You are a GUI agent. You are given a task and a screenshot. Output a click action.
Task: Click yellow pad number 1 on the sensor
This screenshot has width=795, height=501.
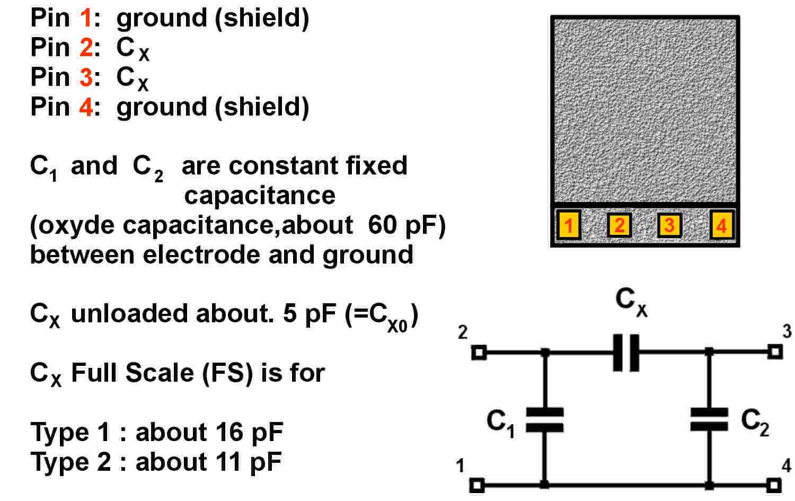click(569, 225)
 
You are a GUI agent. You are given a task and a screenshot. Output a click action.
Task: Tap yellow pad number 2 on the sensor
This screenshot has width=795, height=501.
click(619, 225)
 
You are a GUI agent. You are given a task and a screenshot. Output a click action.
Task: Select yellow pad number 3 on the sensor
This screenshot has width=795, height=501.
click(669, 225)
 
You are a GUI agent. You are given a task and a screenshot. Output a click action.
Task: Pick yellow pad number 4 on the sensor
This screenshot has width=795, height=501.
click(721, 225)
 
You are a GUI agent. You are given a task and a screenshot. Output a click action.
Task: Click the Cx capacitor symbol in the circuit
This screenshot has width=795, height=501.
click(626, 352)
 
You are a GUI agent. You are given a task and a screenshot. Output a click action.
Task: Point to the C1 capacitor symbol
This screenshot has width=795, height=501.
click(544, 420)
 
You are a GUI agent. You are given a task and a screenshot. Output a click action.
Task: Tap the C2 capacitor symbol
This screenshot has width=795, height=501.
click(710, 419)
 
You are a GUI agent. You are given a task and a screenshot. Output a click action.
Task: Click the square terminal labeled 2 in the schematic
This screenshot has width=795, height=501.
click(479, 352)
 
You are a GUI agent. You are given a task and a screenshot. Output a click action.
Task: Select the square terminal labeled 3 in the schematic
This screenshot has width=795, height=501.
click(775, 351)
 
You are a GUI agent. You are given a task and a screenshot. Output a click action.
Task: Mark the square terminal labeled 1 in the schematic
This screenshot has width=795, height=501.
click(478, 485)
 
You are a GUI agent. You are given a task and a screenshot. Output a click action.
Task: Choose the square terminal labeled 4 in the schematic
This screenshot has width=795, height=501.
click(774, 485)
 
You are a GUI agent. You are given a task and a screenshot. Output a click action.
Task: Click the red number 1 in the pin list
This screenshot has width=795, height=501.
click(86, 18)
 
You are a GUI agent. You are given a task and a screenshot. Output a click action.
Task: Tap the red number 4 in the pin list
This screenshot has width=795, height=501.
click(86, 107)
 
